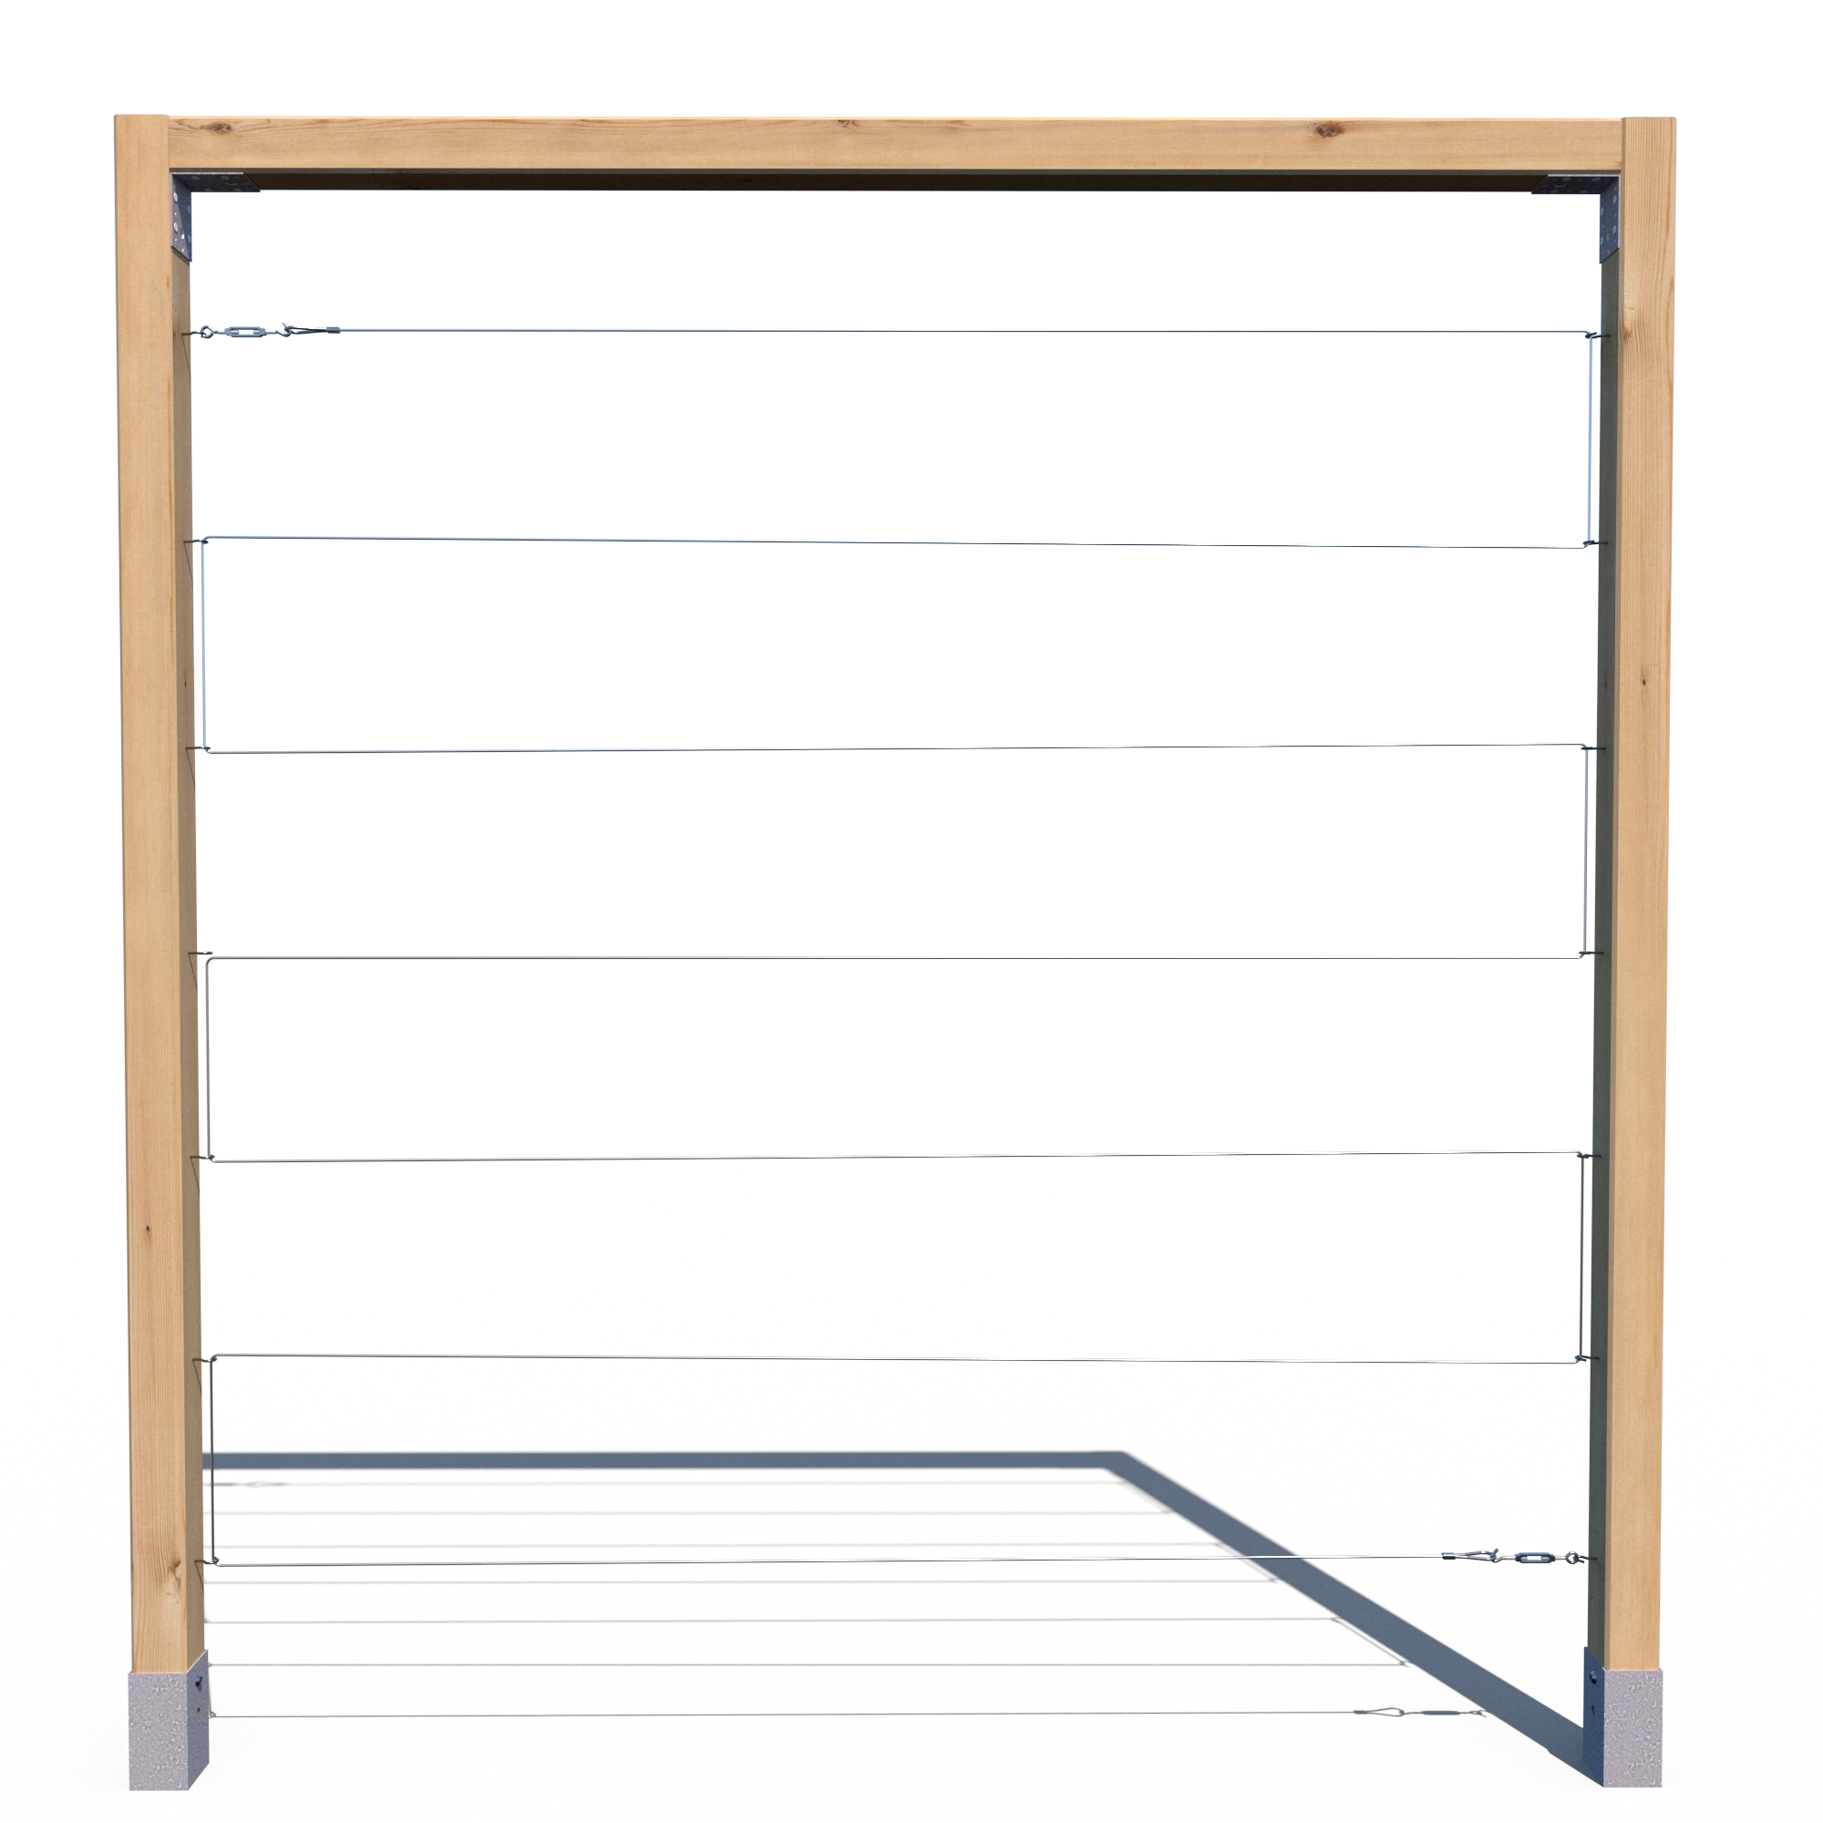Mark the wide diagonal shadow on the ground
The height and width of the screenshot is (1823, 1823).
click(x=1368, y=1594)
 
